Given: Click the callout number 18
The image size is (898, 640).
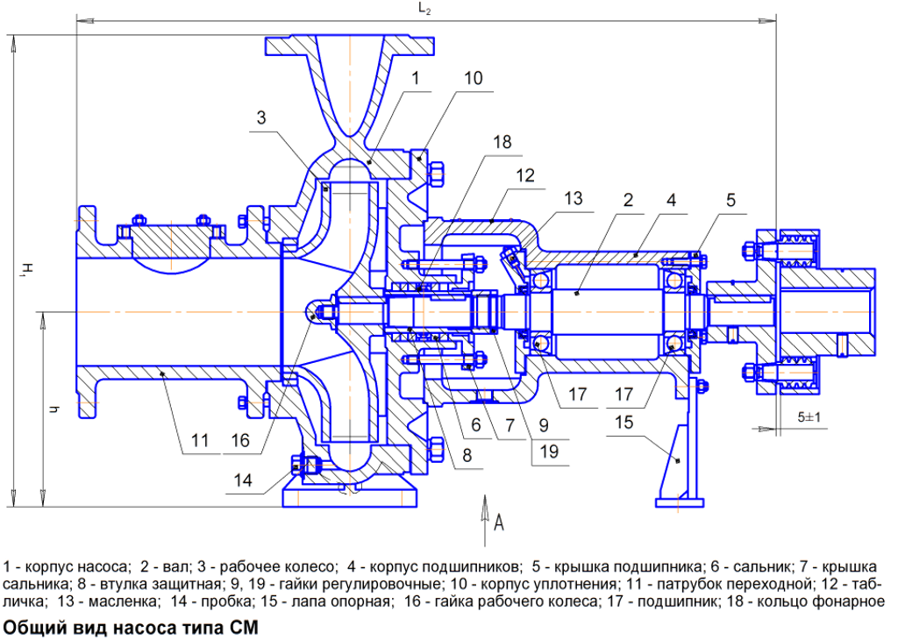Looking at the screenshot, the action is click(502, 142).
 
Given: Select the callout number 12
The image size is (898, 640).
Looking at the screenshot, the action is click(525, 175).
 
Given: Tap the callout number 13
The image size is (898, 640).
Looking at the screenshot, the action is click(573, 198).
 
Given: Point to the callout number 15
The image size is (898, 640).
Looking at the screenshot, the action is click(624, 423).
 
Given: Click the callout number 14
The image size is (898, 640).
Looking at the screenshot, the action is click(243, 480).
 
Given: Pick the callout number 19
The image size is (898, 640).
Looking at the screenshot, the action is click(549, 452).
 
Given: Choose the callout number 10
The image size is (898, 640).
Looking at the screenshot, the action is click(473, 78).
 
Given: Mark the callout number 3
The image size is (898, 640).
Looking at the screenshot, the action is click(261, 118).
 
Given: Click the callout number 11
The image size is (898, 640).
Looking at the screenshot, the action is click(199, 440).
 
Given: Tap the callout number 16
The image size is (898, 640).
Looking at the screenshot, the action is click(240, 440).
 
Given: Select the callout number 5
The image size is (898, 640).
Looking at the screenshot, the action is click(731, 200).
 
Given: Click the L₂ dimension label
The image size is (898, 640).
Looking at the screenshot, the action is click(424, 9).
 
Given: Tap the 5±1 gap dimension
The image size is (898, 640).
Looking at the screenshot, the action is click(809, 417).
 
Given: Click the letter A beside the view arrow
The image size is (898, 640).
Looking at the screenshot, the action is click(499, 522).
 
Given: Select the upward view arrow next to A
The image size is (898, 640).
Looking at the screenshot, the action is click(484, 521).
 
